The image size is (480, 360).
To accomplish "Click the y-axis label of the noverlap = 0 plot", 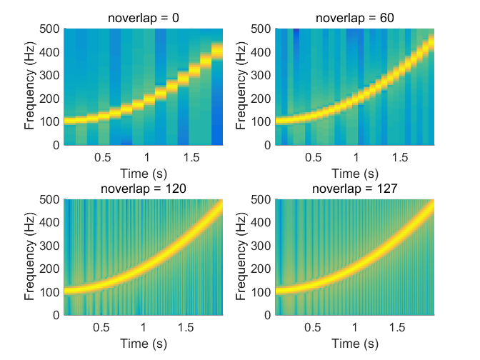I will [30, 86].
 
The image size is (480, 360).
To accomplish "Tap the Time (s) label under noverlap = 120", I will [144, 343].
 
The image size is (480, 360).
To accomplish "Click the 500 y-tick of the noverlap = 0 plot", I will [50, 29].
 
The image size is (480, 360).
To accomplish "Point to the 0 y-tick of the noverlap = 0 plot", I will [56, 145].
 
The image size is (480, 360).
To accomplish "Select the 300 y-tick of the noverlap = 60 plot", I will [261, 76].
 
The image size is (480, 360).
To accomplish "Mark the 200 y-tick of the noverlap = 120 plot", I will [50, 269].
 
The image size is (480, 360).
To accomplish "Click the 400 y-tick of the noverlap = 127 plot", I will [261, 222].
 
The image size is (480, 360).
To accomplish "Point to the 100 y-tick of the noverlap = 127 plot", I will [261, 291].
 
